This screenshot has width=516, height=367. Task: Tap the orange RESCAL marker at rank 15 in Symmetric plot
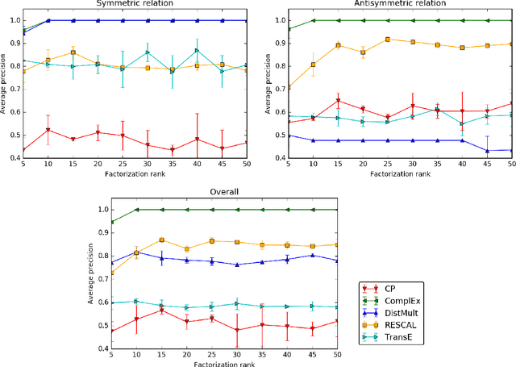point(73,53)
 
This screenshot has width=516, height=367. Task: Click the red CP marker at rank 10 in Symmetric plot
point(48,130)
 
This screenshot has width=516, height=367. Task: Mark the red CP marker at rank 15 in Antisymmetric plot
point(339,101)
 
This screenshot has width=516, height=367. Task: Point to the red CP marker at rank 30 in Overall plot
point(237,330)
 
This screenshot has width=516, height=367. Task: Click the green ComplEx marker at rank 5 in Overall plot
point(112,222)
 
